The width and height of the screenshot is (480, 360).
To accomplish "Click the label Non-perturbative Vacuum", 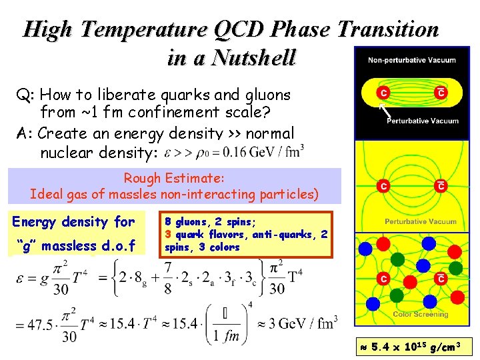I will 412,60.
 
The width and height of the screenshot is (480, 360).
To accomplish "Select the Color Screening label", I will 420,314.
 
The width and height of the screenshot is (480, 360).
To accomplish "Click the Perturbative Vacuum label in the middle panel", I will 420,221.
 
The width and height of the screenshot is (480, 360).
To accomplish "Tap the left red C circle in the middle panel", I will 383,186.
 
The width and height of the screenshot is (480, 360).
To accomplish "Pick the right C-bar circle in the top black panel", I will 441,93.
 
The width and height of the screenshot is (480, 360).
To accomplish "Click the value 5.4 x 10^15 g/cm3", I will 415,347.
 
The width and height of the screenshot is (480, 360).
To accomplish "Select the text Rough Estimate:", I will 174,179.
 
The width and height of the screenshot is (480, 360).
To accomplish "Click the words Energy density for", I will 73,222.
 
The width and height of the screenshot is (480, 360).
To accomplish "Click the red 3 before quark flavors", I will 169,234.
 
